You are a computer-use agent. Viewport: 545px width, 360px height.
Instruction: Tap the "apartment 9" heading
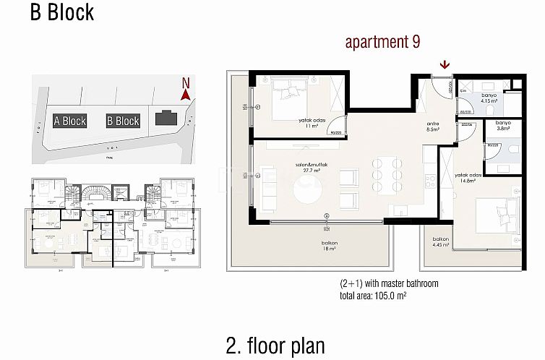382,43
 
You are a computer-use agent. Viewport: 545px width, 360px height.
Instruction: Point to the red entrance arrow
442,66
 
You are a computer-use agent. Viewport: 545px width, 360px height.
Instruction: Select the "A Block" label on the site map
70,121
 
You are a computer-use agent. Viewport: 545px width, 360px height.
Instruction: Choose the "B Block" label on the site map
122,121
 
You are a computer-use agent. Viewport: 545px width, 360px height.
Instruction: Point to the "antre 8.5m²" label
433,127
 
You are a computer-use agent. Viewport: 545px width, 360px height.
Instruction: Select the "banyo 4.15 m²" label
490,99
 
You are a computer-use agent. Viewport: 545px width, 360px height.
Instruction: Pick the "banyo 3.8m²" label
504,126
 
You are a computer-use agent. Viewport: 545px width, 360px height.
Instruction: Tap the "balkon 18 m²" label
330,247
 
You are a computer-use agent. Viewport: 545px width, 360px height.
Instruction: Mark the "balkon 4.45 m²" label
441,242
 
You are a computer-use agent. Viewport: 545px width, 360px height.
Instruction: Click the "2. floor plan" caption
275,344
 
